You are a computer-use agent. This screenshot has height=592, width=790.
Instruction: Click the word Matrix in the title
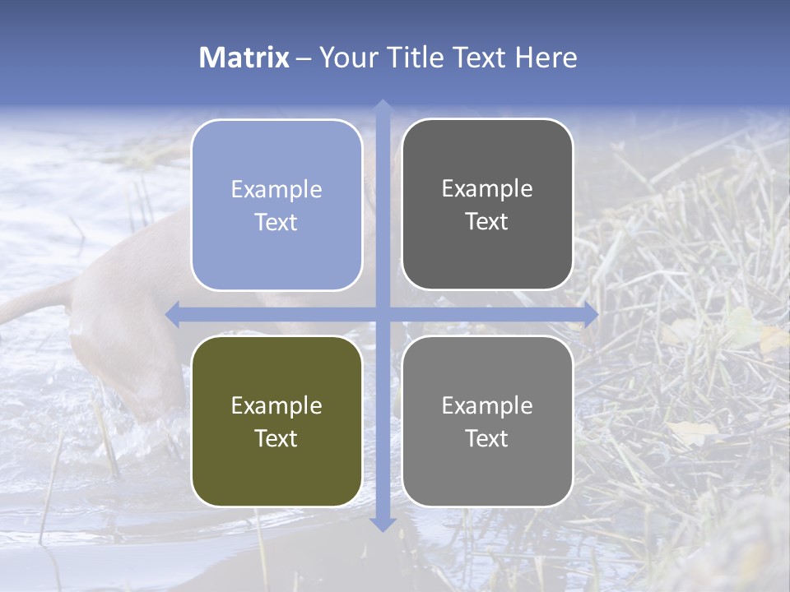(x=244, y=58)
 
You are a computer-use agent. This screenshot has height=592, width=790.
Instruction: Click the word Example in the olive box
(x=276, y=405)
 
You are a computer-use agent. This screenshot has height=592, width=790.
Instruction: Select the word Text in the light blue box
(x=276, y=222)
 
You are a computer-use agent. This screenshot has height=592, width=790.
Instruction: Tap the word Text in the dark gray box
(x=487, y=221)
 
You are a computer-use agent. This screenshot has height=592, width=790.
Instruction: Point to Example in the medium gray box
(x=487, y=405)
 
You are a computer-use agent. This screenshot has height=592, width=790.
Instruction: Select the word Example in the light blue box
(x=276, y=189)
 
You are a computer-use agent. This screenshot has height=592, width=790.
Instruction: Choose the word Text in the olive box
(x=276, y=438)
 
